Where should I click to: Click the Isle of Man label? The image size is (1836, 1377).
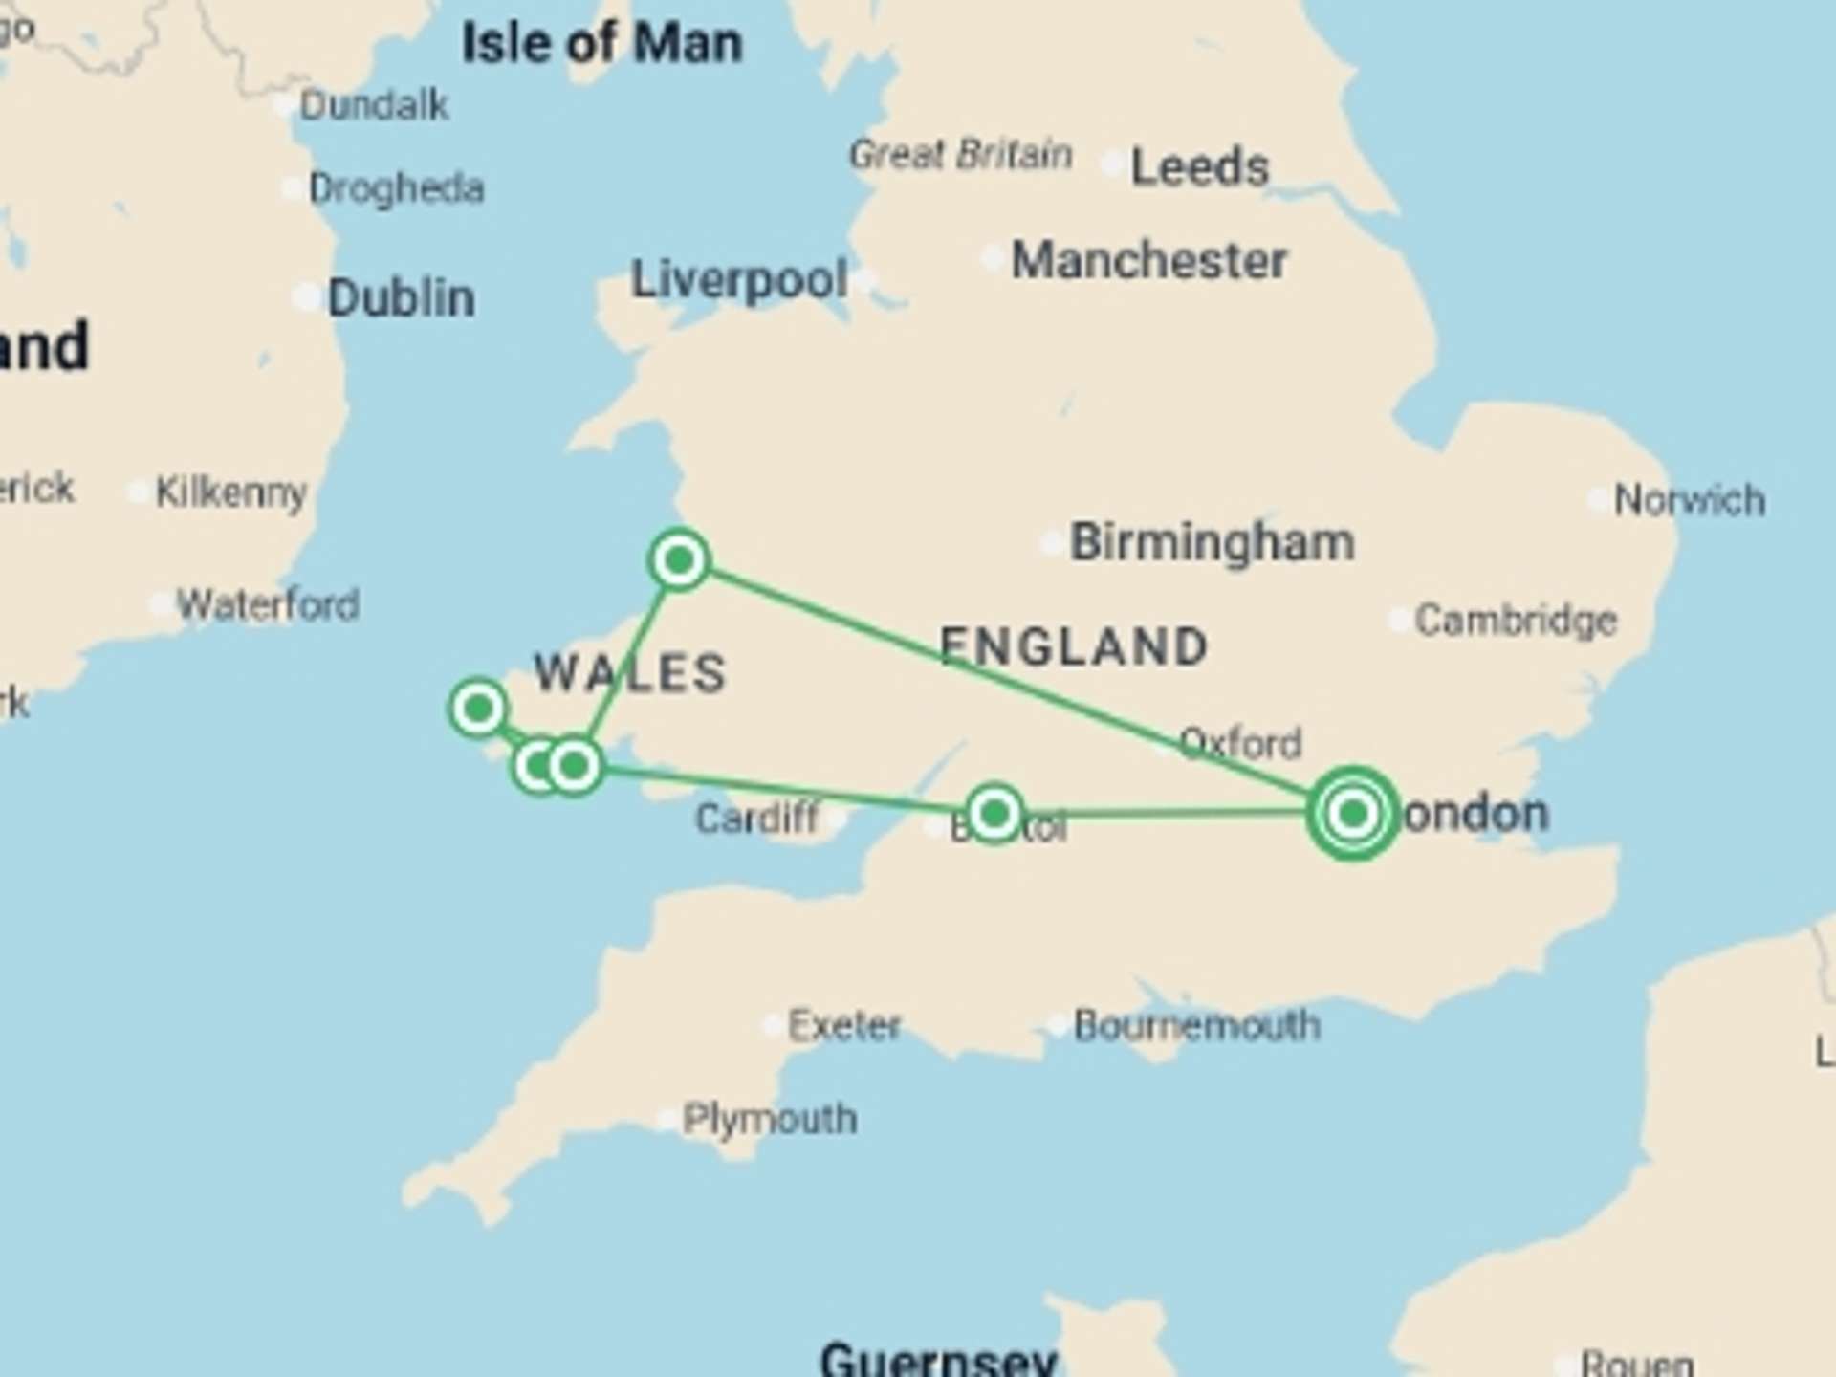coord(601,44)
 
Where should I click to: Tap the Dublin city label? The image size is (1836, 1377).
coord(401,297)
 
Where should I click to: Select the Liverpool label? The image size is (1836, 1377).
coord(739,280)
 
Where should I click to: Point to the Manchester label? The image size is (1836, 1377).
coord(1149,260)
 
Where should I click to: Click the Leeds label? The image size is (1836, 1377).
coord(1199,167)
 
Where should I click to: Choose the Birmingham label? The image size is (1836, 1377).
coord(1212,542)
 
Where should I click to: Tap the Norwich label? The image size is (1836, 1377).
coord(1689,500)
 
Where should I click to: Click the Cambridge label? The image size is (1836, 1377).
coord(1516,621)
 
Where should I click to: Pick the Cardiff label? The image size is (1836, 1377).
coord(756,819)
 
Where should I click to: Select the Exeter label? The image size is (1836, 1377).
coord(843,1026)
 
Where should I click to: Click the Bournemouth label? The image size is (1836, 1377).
coord(1196,1026)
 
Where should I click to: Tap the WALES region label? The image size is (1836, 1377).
coord(630,672)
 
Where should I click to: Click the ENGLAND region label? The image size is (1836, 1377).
coord(1074,646)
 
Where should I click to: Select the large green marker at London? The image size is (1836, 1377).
coord(1352,814)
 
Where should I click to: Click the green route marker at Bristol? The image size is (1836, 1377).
coord(994,814)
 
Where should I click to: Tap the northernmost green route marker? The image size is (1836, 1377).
coord(679,559)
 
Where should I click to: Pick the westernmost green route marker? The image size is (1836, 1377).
coord(478,709)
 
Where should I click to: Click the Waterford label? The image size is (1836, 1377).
coord(268,605)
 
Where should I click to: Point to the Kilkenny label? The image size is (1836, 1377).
coord(230,492)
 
